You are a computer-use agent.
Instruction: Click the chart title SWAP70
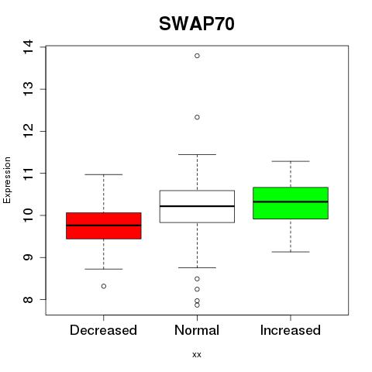(197, 24)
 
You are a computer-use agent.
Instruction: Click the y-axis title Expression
(7, 180)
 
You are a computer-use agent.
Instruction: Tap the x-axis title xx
(197, 354)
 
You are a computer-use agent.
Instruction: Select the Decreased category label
(103, 330)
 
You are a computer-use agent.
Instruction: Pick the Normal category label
(197, 330)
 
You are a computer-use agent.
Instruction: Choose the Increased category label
(291, 330)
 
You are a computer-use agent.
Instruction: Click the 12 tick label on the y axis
(29, 131)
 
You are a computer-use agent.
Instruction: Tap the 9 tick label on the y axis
(29, 257)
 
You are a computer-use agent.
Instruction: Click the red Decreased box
(104, 226)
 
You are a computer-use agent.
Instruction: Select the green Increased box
(291, 203)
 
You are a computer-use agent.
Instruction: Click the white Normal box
(197, 206)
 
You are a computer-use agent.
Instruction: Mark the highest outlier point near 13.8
(197, 56)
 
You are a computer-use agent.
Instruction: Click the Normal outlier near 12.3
(197, 117)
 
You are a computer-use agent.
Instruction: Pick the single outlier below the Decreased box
(104, 286)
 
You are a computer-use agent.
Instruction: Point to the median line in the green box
(291, 201)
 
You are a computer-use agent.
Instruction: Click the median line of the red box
(104, 226)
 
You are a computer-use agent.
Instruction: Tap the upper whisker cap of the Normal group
(197, 154)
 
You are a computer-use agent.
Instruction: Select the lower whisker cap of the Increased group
(291, 252)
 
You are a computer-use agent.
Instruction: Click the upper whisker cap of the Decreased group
(104, 174)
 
